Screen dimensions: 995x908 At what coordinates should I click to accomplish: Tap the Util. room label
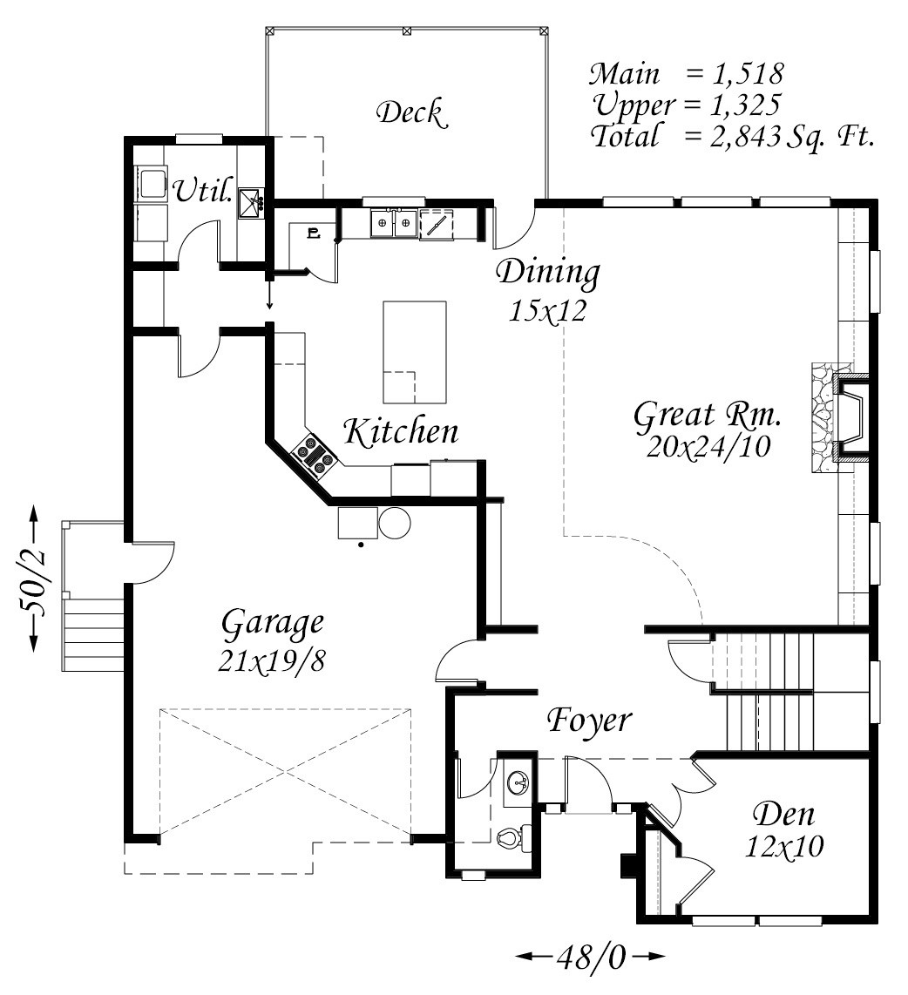coord(203,190)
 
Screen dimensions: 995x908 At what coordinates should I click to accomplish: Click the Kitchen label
coord(400,431)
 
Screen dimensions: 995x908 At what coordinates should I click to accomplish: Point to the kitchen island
coord(415,351)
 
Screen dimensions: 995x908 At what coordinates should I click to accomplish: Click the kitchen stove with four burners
coord(313,456)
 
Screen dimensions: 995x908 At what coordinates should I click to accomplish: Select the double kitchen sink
coord(394,224)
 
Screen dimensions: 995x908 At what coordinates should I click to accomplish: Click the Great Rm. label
coord(707,416)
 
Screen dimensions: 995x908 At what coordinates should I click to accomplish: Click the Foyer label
coord(589,721)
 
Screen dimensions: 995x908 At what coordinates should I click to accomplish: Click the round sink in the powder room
coord(519,782)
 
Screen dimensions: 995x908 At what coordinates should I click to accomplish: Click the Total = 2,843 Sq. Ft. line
coord(732,136)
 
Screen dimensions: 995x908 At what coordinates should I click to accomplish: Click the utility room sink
coord(252,201)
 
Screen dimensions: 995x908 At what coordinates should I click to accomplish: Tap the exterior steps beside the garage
coord(91,633)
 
